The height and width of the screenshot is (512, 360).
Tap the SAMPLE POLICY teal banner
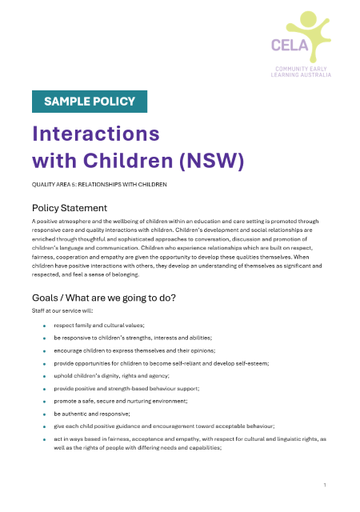tap(90, 101)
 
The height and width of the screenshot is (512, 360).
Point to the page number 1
tap(325, 485)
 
